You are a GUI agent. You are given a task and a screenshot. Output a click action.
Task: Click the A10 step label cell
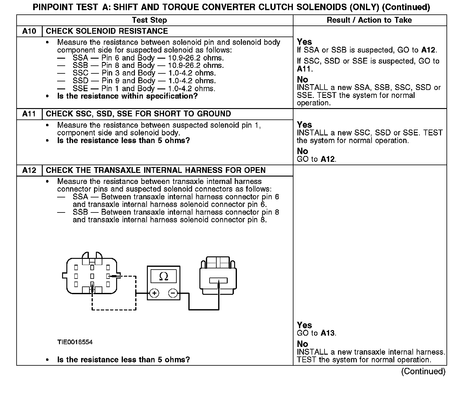point(29,31)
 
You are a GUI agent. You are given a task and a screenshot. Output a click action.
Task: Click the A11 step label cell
point(29,114)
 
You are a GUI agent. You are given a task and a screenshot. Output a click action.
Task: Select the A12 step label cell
point(29,170)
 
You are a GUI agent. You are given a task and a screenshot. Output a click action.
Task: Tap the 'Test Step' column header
point(149,20)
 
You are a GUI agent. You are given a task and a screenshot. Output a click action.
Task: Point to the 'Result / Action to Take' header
point(369,20)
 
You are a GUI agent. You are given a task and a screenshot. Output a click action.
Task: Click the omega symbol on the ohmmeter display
point(164,277)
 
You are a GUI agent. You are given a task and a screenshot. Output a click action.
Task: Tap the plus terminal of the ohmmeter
point(154,293)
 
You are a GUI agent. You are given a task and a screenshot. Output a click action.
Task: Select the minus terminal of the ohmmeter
point(173,293)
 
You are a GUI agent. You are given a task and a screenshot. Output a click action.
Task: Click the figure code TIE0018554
point(75,342)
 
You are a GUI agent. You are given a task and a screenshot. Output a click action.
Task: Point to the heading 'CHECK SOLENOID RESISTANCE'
point(107,31)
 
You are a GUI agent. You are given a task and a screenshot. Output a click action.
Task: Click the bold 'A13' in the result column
point(327,333)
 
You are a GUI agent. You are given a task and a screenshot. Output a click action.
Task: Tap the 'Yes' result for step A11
point(304,125)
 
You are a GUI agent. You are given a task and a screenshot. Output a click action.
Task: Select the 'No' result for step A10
point(302,80)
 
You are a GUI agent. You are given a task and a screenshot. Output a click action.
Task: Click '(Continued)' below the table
point(423,372)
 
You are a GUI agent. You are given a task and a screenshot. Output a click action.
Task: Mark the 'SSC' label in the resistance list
point(80,73)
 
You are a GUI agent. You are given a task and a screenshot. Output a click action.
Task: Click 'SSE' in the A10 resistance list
point(80,89)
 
